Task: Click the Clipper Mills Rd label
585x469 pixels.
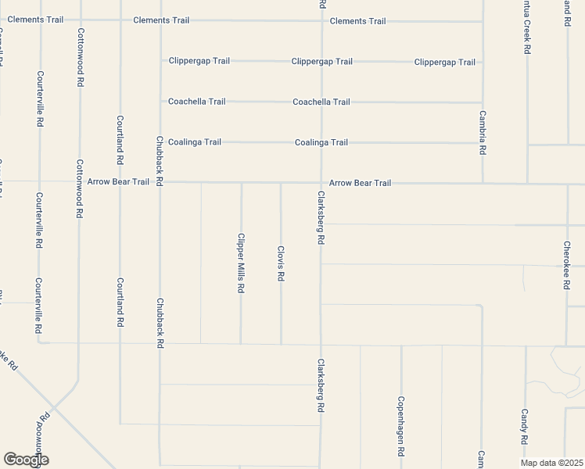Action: pos(242,263)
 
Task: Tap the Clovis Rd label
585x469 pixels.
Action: pos(281,263)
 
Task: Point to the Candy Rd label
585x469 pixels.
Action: pos(525,426)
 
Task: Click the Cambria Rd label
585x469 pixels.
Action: pos(483,132)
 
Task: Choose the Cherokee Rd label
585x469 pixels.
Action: pos(566,265)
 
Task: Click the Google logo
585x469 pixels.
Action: pos(27,460)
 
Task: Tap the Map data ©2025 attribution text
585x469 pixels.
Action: pos(552,463)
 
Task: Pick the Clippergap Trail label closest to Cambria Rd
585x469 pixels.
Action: pos(444,62)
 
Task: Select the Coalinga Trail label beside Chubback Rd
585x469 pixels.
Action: pos(195,141)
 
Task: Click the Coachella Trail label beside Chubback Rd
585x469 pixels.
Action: pos(197,102)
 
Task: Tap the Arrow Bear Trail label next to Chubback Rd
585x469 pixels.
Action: pos(118,181)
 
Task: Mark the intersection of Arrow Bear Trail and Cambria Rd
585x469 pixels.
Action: pos(483,184)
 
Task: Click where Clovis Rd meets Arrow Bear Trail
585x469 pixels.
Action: pos(281,184)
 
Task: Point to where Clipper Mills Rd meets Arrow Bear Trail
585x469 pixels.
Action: pos(241,184)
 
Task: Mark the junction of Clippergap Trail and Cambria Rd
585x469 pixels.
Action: pos(482,62)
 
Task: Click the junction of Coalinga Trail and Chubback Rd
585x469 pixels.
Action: pos(160,141)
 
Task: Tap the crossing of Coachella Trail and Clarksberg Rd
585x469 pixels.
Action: pos(321,102)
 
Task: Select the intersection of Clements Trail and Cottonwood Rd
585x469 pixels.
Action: pos(80,20)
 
